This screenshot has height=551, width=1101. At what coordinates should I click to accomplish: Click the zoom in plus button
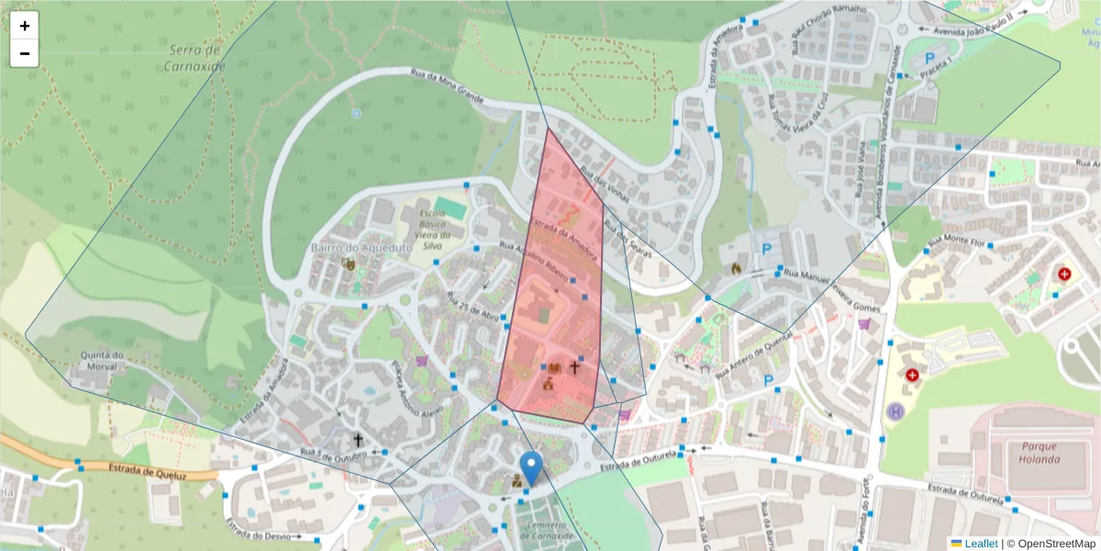point(25,26)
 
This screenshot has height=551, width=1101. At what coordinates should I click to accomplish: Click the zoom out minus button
point(25,53)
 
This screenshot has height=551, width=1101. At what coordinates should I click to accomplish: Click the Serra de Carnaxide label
point(195,57)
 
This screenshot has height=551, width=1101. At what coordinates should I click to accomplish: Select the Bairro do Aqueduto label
point(348,248)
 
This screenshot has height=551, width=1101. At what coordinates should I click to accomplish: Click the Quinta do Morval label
point(102,362)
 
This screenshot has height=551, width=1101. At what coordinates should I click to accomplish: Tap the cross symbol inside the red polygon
point(575,367)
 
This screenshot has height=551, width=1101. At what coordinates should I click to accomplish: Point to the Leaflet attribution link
point(981,544)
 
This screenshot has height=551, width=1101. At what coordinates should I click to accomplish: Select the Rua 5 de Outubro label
point(328,454)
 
